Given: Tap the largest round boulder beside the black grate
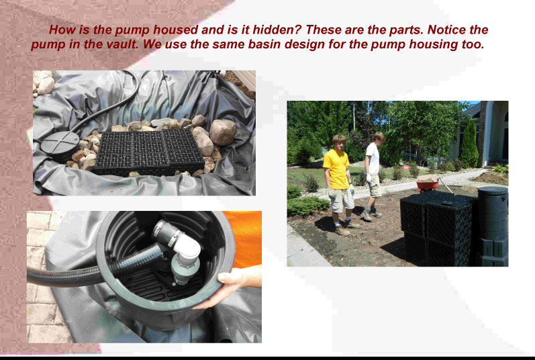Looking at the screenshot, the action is coord(223,132).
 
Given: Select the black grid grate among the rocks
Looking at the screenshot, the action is coord(149,152).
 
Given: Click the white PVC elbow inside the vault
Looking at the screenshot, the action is coord(187,247).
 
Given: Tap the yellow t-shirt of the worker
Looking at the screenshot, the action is coord(336,169).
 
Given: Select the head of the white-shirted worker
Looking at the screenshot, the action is coord(379,137).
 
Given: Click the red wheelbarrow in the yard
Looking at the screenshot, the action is coord(428,184).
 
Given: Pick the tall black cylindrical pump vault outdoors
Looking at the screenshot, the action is coord(492,226).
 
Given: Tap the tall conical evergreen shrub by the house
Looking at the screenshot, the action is coord(469,143).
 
